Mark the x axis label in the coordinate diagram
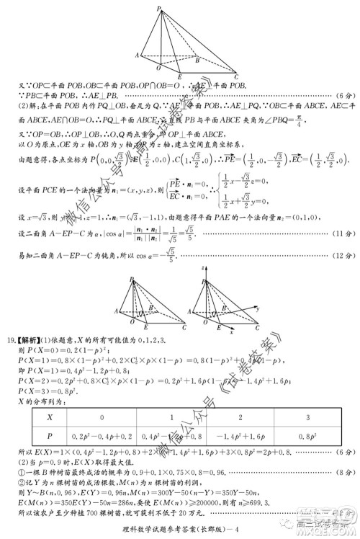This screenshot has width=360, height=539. click(x=231, y=332)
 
